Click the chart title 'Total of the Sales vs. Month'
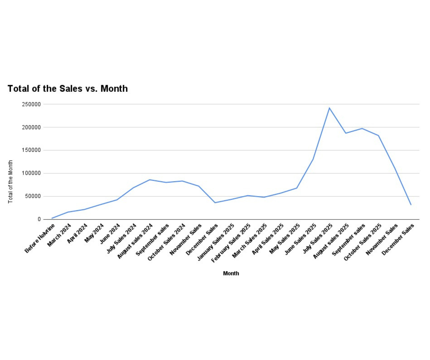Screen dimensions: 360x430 [67, 89]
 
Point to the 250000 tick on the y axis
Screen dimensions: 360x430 [31, 104]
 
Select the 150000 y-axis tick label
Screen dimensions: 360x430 [31, 150]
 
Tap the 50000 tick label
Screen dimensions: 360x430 [33, 196]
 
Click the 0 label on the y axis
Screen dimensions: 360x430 [39, 219]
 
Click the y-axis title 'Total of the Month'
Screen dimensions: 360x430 [10, 182]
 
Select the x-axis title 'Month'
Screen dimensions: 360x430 [231, 273]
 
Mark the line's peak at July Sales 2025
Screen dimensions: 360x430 [329, 108]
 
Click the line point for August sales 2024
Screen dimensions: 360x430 [150, 180]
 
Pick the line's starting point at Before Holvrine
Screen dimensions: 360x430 [52, 218]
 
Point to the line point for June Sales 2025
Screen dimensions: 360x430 [313, 159]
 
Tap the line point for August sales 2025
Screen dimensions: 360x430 [346, 133]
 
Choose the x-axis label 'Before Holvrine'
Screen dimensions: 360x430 [40, 238]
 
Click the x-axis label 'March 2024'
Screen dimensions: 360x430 [59, 235]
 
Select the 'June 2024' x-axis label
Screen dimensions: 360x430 [110, 234]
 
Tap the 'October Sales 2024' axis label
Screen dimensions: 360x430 [167, 242]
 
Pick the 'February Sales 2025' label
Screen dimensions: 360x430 [231, 243]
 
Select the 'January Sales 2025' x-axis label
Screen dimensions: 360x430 [216, 242]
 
